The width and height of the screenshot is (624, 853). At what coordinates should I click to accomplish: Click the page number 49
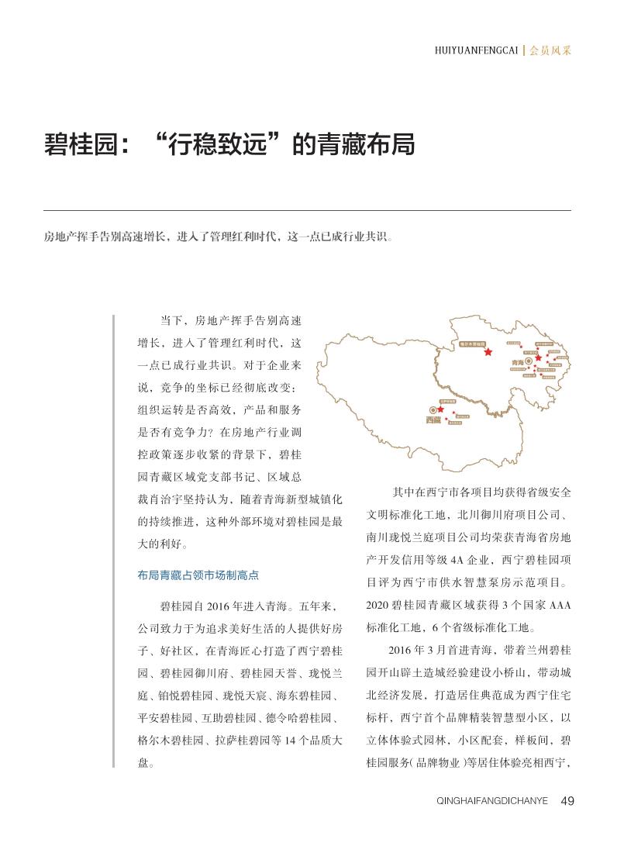point(567,800)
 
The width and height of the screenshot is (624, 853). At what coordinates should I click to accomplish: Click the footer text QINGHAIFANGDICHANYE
point(493,801)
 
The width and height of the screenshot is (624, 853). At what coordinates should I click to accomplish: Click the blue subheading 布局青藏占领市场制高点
point(198,575)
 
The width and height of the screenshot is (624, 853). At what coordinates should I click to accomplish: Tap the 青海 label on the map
point(517,362)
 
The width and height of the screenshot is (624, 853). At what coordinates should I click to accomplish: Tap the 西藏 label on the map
point(433,420)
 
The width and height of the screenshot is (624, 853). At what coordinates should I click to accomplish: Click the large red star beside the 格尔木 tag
point(488,352)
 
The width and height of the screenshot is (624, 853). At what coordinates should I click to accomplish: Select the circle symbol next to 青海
point(529,361)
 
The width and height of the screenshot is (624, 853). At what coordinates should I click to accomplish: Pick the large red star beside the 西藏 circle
point(441,409)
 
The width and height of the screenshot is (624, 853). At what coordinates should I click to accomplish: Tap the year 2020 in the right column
point(380,606)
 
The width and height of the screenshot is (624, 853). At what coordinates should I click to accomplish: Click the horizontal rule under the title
point(307,210)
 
